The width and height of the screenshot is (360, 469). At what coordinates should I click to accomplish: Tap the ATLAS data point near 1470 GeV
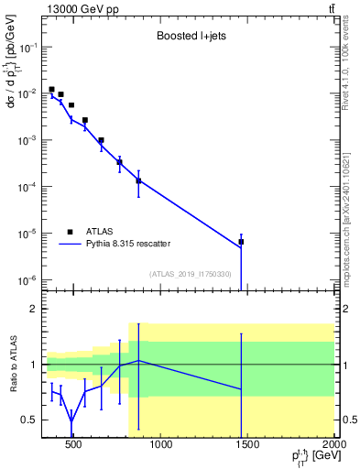(241, 242)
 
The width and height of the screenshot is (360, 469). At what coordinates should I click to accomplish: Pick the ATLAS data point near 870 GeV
(138, 180)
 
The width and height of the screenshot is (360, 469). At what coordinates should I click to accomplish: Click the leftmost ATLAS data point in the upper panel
(51, 90)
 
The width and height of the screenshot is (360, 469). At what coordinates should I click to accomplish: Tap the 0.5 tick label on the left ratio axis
(30, 420)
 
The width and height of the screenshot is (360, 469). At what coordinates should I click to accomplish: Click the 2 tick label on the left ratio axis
(34, 309)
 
